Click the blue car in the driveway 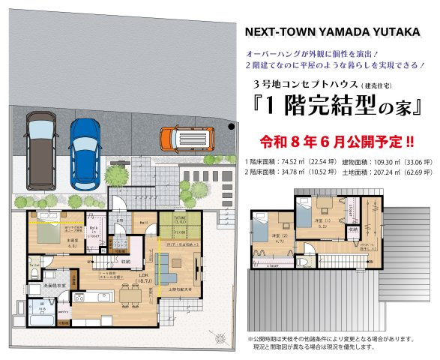[85, 153]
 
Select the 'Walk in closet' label [95, 232]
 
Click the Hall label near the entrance [144, 222]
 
